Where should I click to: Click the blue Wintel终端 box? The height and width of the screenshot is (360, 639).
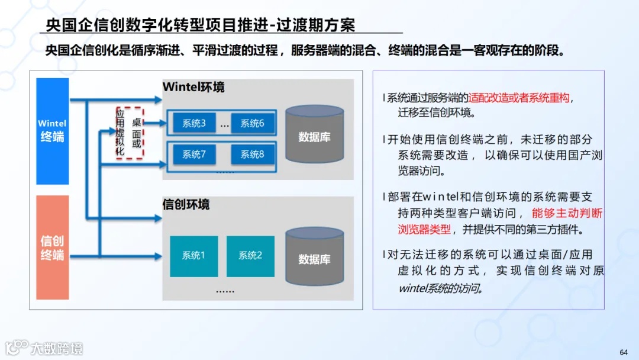[x=53, y=131]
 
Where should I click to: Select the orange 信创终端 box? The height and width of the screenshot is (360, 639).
[x=53, y=247]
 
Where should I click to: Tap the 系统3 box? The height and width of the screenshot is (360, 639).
[x=194, y=124]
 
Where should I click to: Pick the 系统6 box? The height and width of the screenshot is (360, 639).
[x=253, y=124]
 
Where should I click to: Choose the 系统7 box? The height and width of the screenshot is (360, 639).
[x=194, y=155]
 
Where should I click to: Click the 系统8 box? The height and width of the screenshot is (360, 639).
[x=253, y=155]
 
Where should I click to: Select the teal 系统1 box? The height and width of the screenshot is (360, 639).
[x=193, y=256]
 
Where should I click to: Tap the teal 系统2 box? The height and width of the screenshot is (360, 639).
[x=250, y=256]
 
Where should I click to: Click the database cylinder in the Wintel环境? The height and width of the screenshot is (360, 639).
[x=314, y=136]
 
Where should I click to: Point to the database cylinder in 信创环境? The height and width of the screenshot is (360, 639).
[x=314, y=258]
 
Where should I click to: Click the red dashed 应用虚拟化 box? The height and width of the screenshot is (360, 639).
[x=130, y=133]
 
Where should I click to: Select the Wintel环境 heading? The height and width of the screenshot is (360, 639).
[x=193, y=87]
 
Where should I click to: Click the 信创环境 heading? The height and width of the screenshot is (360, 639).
[x=186, y=205]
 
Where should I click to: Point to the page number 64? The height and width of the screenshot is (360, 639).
[x=624, y=352]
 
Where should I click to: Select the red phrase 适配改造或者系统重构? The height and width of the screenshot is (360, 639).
[x=520, y=98]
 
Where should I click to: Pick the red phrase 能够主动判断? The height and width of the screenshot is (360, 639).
[x=567, y=213]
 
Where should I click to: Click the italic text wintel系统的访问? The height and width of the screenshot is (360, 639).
[x=441, y=288]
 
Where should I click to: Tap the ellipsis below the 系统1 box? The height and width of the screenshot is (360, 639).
[x=225, y=290]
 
